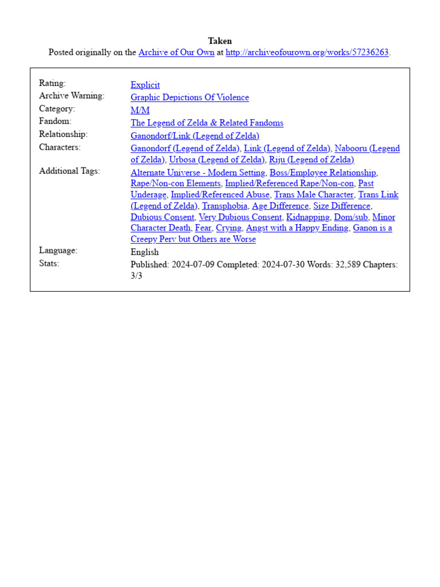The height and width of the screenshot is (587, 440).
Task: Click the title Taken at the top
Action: (220, 41)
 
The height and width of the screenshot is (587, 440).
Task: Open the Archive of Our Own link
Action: (176, 52)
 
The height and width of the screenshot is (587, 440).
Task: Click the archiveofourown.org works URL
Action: (307, 52)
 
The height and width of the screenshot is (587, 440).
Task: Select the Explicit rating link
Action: (145, 85)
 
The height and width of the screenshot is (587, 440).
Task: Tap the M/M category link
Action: (140, 110)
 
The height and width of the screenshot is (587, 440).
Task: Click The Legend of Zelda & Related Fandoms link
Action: (207, 123)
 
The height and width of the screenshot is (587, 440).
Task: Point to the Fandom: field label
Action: (55, 122)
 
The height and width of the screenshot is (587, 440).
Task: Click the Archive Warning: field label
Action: (72, 96)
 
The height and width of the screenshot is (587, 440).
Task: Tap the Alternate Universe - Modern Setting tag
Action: (198, 173)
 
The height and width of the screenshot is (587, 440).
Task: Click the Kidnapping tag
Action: (308, 217)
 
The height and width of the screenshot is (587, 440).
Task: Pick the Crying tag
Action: (229, 228)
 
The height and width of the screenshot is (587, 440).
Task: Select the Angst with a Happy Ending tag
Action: (297, 228)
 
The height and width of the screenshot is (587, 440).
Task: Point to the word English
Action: (144, 252)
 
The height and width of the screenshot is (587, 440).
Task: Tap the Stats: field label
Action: (49, 264)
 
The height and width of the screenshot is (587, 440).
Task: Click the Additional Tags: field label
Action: (69, 171)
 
